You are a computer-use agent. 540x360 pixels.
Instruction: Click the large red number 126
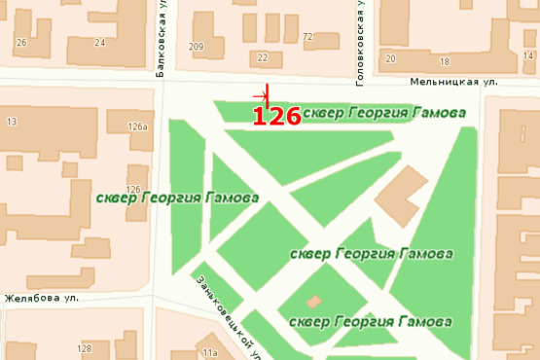276,117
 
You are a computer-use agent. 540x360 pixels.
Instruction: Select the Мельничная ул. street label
453,83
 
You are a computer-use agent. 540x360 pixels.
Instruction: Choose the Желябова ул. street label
39,298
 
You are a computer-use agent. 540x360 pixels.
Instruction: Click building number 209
198,47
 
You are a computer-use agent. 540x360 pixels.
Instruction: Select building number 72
307,37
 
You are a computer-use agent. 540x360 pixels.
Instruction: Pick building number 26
20,43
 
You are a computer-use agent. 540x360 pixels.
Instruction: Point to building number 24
100,43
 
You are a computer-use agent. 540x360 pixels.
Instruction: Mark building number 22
262,57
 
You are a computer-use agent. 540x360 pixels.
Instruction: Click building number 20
390,58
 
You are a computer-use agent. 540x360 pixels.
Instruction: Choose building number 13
12,122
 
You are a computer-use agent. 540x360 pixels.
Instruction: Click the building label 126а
137,126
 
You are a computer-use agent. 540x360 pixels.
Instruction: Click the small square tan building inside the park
313,302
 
